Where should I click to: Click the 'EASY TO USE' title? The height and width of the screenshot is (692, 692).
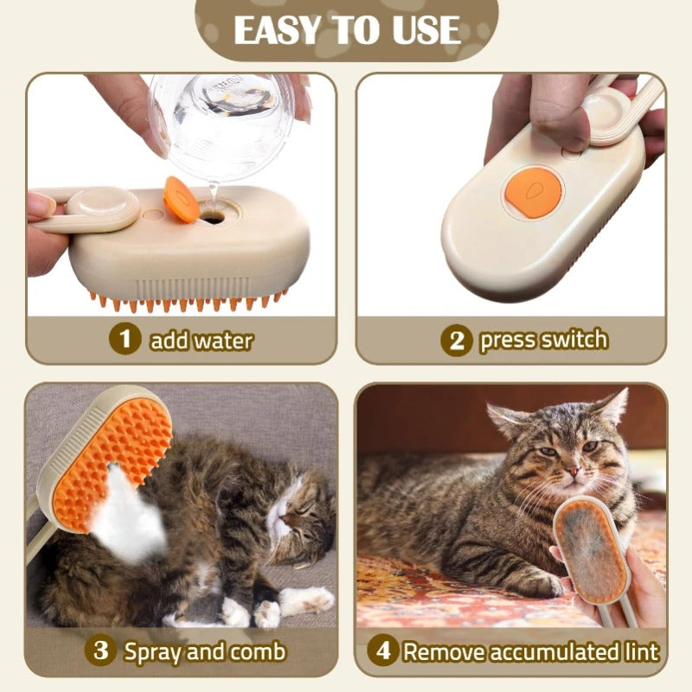tap(346, 30)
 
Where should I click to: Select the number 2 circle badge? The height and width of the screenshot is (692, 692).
tap(456, 340)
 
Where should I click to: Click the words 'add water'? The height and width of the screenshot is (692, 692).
tap(201, 340)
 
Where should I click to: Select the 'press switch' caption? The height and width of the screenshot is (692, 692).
tap(543, 340)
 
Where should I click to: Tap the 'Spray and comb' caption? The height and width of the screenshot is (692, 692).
tap(204, 650)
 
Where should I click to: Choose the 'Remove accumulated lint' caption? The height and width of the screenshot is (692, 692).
tap(531, 650)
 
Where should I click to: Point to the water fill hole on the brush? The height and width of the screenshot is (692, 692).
tap(212, 218)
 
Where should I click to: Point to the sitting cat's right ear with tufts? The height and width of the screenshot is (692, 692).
tap(614, 407)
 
